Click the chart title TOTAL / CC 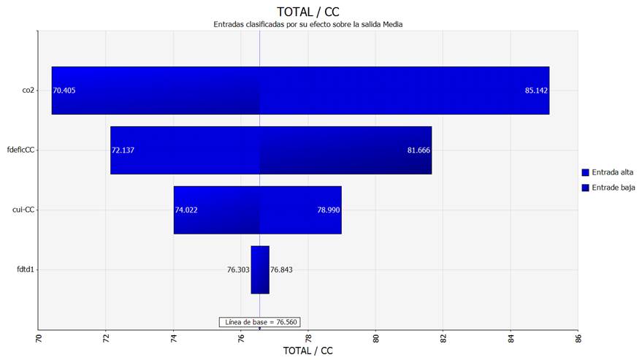[x=307, y=11]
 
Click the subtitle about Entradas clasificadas [x=307, y=24]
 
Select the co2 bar [x=299, y=91]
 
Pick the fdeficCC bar [x=271, y=150]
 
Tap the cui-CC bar [x=257, y=210]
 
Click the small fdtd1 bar [x=260, y=269]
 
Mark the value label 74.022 [x=186, y=210]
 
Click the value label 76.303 [x=238, y=269]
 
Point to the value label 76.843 [x=282, y=269]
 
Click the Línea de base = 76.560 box [x=260, y=322]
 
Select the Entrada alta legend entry [x=607, y=172]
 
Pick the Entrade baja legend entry [x=607, y=188]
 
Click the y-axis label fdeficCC [x=20, y=150]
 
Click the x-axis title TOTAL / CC [x=307, y=351]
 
